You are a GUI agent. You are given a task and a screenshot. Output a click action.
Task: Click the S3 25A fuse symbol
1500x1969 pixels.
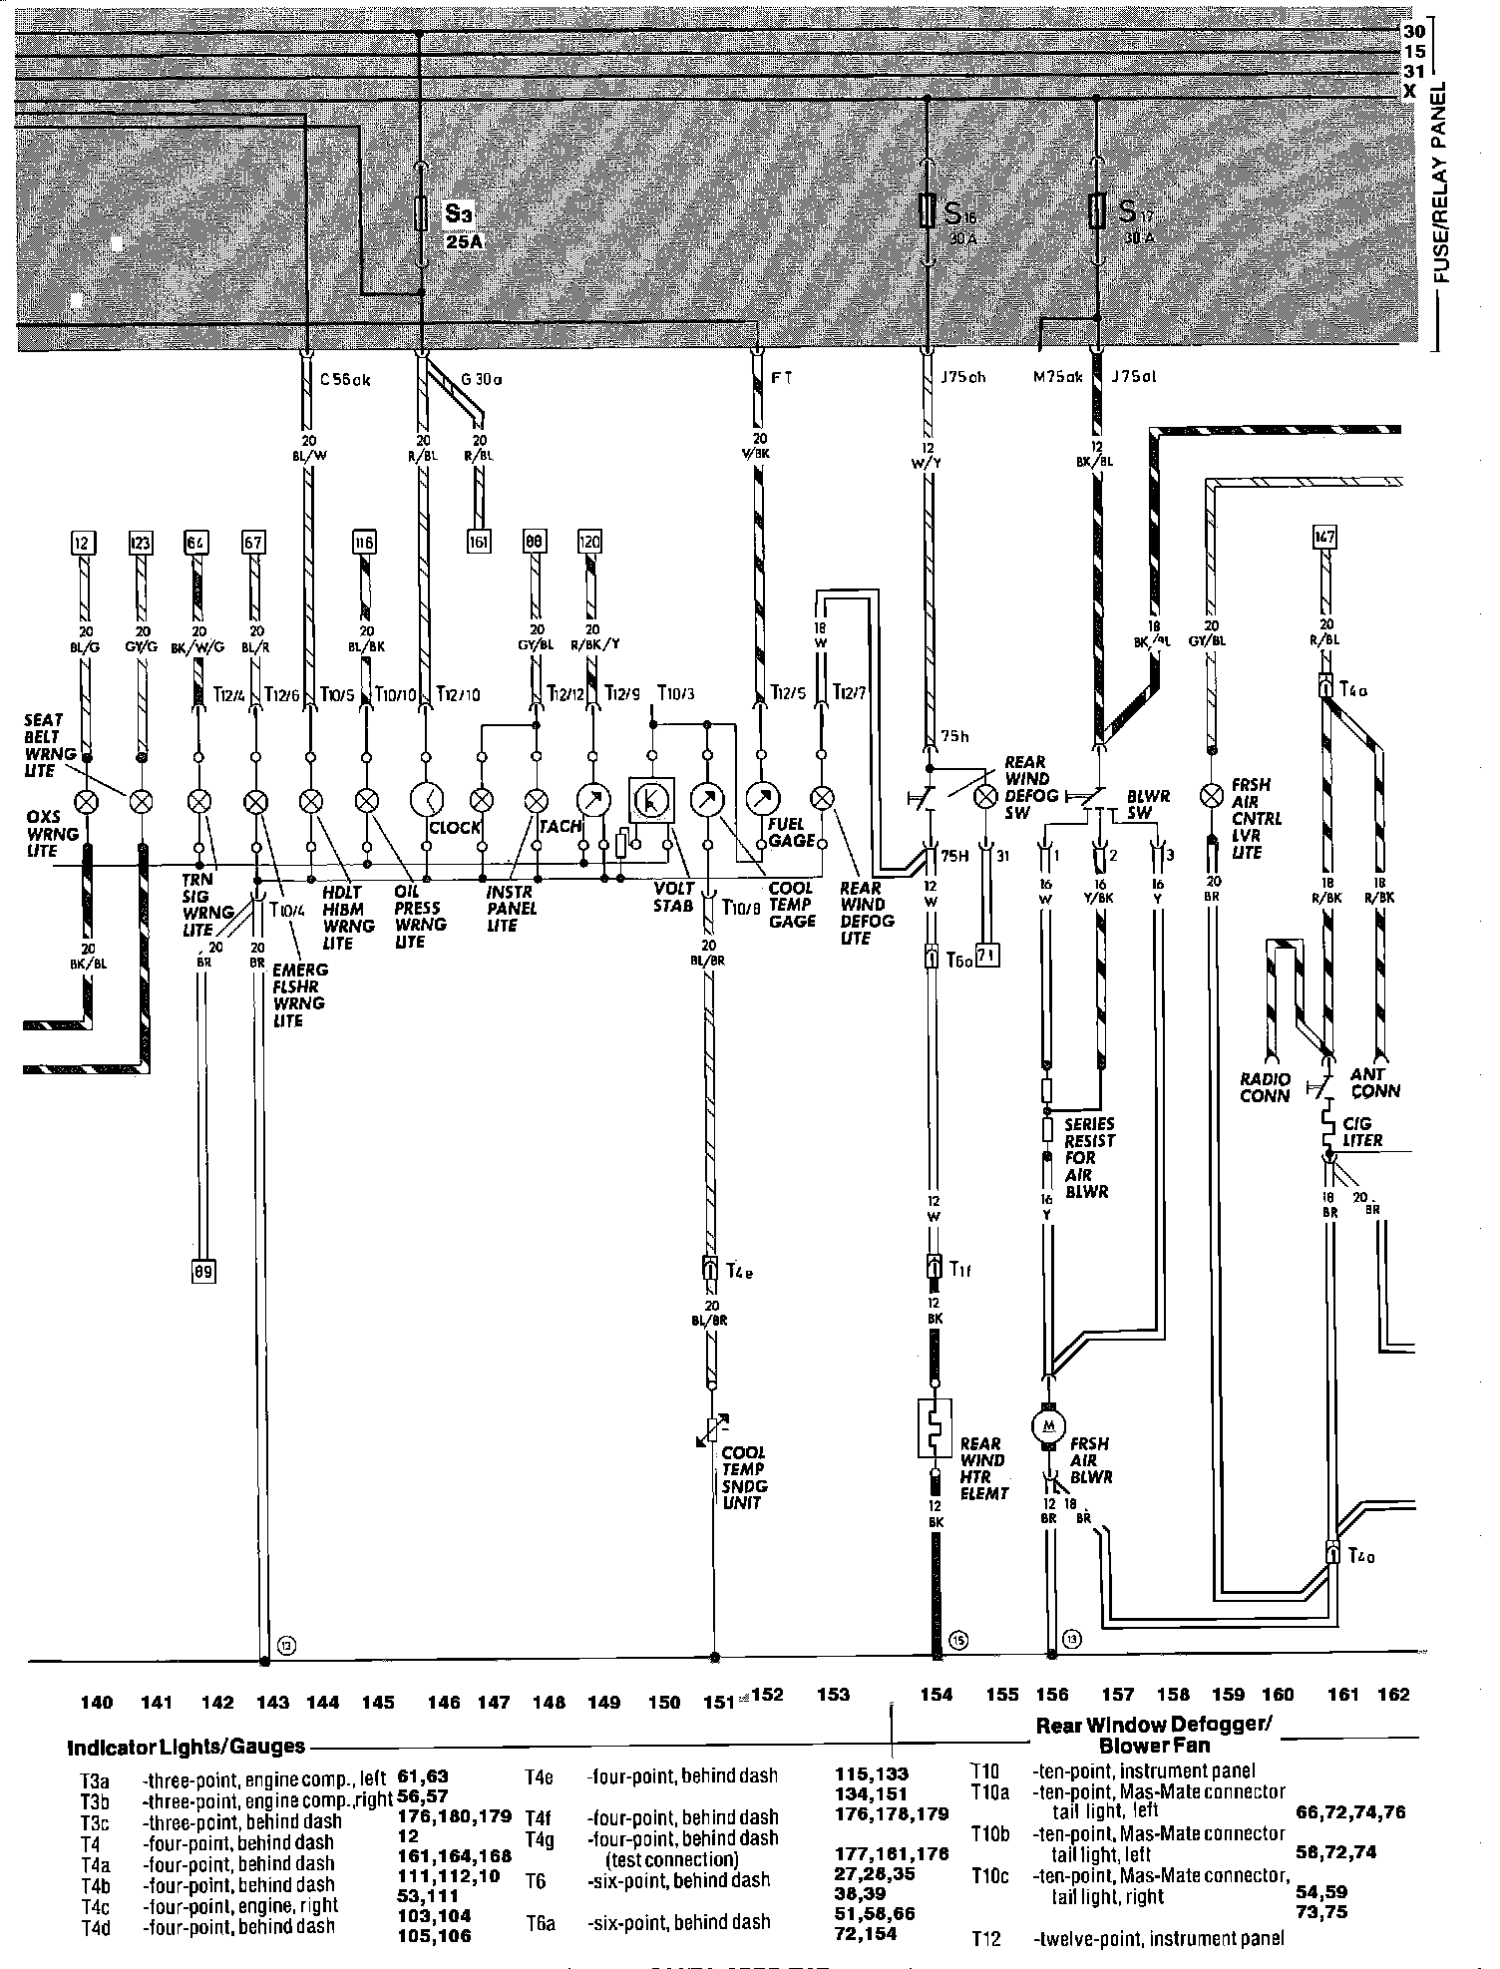(421, 212)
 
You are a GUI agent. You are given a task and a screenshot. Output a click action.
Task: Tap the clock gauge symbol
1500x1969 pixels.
(427, 800)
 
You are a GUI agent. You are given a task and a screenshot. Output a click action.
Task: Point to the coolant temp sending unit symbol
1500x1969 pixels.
(713, 1428)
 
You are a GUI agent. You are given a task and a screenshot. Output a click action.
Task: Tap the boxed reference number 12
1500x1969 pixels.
(85, 543)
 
